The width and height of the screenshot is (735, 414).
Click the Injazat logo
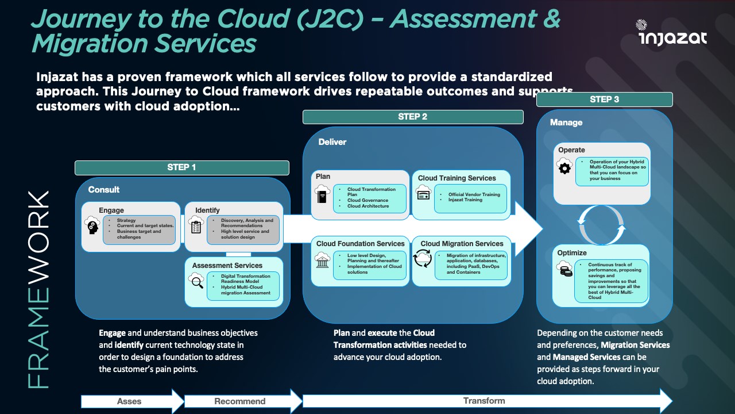(x=672, y=33)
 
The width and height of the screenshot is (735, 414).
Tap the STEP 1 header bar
(x=181, y=167)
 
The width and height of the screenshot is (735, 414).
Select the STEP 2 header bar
(x=413, y=117)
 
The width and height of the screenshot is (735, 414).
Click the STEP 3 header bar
(x=604, y=99)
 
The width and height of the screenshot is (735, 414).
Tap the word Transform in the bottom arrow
(x=484, y=401)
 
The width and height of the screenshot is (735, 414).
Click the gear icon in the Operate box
(x=564, y=167)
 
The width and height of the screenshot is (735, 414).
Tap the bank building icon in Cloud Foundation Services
(x=323, y=260)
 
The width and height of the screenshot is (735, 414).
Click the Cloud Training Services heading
(x=457, y=178)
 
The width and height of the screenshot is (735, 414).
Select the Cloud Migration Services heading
(x=462, y=244)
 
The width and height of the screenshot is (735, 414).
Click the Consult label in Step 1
(x=104, y=190)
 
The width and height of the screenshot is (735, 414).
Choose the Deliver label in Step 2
(x=332, y=142)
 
